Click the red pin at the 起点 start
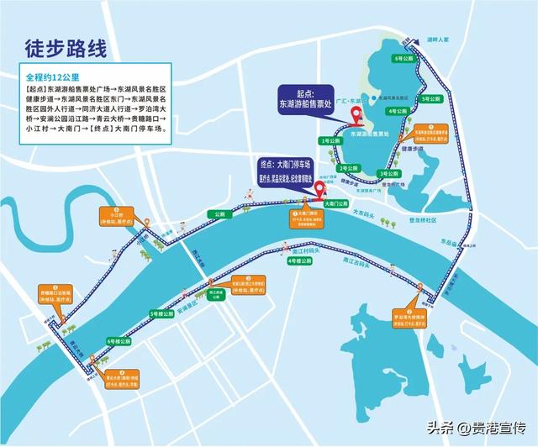(x=355, y=116)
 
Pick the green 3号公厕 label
(x=388, y=173)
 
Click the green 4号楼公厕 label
(x=299, y=262)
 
